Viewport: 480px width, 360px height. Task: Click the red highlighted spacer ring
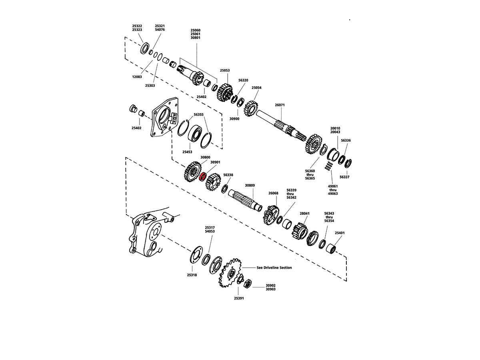pyautogui.click(x=203, y=176)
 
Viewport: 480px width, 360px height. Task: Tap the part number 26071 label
pyautogui.click(x=280, y=105)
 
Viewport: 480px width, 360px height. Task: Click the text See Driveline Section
pyautogui.click(x=274, y=268)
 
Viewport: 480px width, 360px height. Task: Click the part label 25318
pyautogui.click(x=192, y=275)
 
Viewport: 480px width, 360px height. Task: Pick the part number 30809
pyautogui.click(x=250, y=186)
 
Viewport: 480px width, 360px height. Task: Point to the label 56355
pyautogui.click(x=198, y=114)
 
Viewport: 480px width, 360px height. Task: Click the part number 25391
pyautogui.click(x=239, y=298)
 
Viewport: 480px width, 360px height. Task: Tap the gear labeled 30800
pyautogui.click(x=193, y=171)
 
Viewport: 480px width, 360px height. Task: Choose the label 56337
pyautogui.click(x=344, y=176)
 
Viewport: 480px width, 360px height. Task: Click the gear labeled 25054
pyautogui.click(x=251, y=107)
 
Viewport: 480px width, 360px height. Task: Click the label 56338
pyautogui.click(x=228, y=175)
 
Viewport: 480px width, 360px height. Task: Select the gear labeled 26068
pyautogui.click(x=271, y=215)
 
